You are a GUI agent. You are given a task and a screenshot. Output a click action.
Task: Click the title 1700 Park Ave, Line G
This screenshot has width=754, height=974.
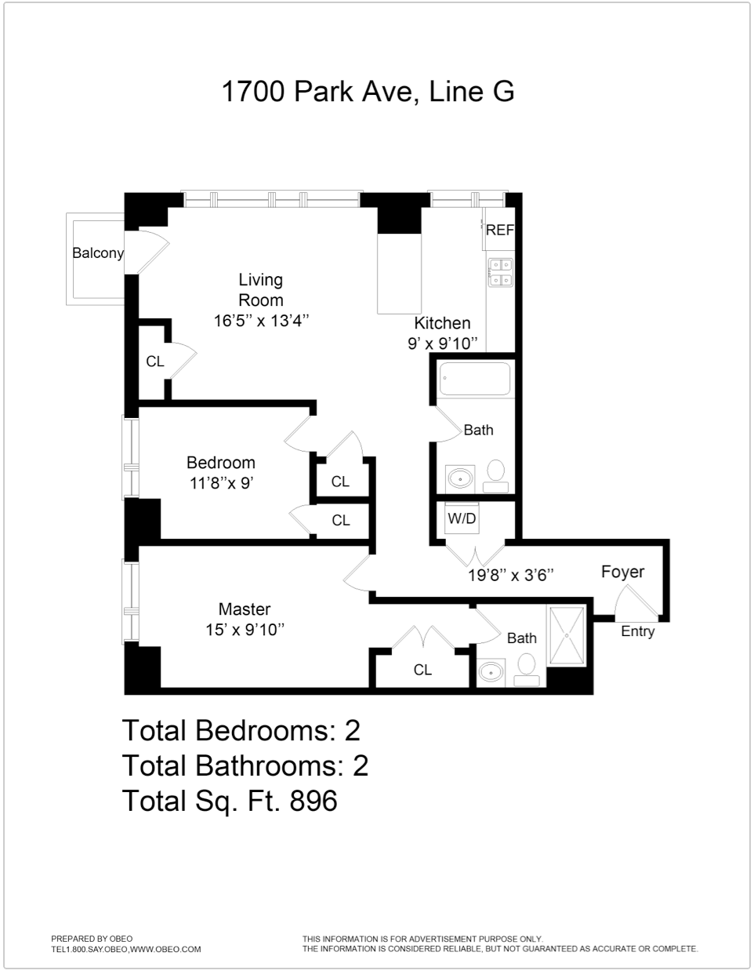click(x=368, y=92)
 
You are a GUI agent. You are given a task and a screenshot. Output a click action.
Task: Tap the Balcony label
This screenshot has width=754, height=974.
click(x=98, y=253)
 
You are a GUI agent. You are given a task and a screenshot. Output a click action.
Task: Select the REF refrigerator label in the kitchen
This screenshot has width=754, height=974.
click(x=499, y=230)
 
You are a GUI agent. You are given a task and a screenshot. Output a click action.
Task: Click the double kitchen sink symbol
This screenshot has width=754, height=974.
click(x=500, y=272)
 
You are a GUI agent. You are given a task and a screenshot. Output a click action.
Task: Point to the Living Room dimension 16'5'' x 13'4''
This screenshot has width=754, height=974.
click(x=261, y=321)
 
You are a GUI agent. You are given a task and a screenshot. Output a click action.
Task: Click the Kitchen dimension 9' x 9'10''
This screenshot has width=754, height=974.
click(x=442, y=343)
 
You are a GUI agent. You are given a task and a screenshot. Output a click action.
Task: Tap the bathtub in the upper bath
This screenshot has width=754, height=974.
click(x=474, y=380)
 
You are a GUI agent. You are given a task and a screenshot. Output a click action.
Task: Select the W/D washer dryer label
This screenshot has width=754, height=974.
click(x=462, y=518)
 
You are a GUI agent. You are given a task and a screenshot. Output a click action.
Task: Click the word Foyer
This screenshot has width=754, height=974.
click(x=622, y=572)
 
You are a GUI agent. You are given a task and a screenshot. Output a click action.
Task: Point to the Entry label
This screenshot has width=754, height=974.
click(x=637, y=631)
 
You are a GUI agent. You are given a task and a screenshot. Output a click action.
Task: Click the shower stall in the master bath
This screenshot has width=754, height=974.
click(x=567, y=636)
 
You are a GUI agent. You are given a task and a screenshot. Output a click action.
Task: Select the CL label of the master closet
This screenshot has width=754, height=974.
click(x=422, y=670)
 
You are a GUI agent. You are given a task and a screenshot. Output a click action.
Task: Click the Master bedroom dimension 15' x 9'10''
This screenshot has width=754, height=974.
click(x=245, y=630)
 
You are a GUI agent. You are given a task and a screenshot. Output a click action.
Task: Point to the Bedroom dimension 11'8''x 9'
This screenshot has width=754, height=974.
click(x=221, y=484)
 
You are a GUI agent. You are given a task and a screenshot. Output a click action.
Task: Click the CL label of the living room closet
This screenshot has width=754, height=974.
click(x=155, y=362)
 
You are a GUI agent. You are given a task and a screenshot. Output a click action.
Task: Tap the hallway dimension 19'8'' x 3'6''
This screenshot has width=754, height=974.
click(x=511, y=575)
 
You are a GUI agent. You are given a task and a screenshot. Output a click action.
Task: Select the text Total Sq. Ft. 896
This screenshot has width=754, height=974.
click(x=230, y=801)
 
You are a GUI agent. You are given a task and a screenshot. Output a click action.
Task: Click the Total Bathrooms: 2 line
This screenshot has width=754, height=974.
click(x=245, y=765)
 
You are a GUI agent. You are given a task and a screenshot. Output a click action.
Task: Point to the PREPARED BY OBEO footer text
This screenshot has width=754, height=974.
click(x=92, y=939)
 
